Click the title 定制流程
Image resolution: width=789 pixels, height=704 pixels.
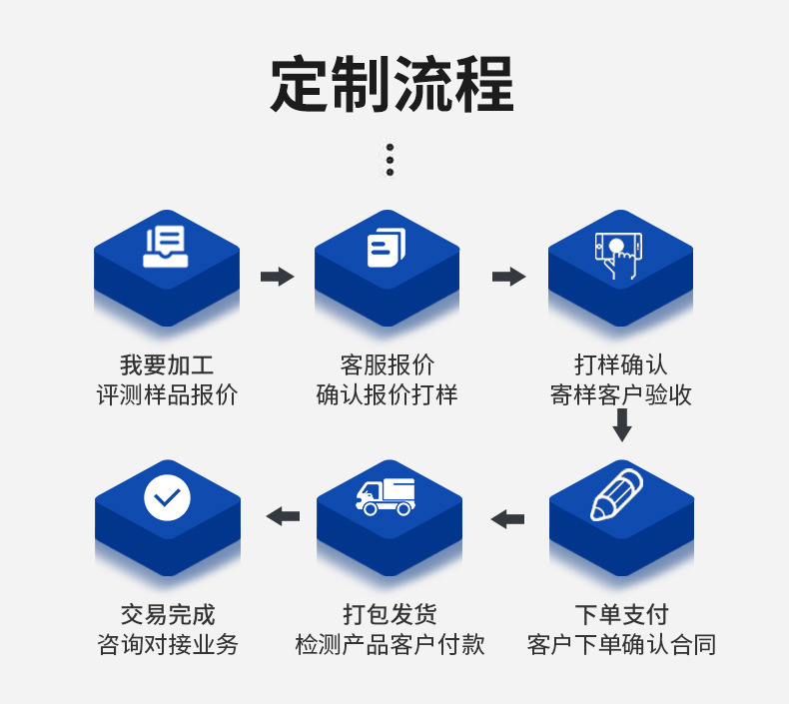[393, 84]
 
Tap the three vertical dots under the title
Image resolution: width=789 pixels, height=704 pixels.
[390, 160]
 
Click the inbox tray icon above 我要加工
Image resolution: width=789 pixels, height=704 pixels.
[166, 246]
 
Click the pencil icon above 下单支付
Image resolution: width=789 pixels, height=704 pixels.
[617, 495]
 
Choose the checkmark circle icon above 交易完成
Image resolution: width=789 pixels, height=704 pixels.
[167, 496]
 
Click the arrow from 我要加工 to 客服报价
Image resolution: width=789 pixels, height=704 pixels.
[277, 277]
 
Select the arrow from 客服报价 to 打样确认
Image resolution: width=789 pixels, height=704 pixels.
[508, 277]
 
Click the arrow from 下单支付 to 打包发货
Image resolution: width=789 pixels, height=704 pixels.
[507, 518]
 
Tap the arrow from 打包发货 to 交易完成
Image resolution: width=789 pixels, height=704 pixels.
[283, 516]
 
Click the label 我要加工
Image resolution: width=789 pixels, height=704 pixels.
[167, 365]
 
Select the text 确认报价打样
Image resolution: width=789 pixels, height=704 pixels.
[387, 395]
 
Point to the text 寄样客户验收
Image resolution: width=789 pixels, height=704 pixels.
[621, 395]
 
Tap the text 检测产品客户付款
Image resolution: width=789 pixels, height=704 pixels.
[390, 645]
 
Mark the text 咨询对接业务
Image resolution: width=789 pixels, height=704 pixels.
[168, 645]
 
